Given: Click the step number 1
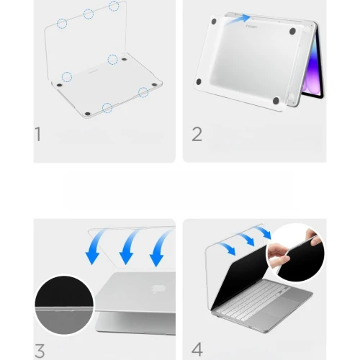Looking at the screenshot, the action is click(x=38, y=134).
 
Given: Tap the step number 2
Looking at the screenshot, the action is click(x=197, y=135).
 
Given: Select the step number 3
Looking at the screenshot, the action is click(x=40, y=351).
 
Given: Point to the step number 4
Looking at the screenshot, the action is click(x=197, y=349).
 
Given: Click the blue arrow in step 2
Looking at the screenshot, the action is click(x=238, y=19).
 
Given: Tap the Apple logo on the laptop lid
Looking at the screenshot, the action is click(x=158, y=289).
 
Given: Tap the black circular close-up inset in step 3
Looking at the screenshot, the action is click(x=64, y=305).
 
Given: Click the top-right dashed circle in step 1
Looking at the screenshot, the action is click(x=114, y=6).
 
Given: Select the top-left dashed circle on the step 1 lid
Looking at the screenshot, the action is click(x=62, y=24).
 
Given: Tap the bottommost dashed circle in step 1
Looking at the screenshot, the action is click(x=107, y=108).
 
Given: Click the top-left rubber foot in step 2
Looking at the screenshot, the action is click(x=214, y=22).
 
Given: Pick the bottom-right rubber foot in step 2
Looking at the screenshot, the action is click(x=276, y=101).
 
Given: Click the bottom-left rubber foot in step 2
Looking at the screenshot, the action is click(x=199, y=82).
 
